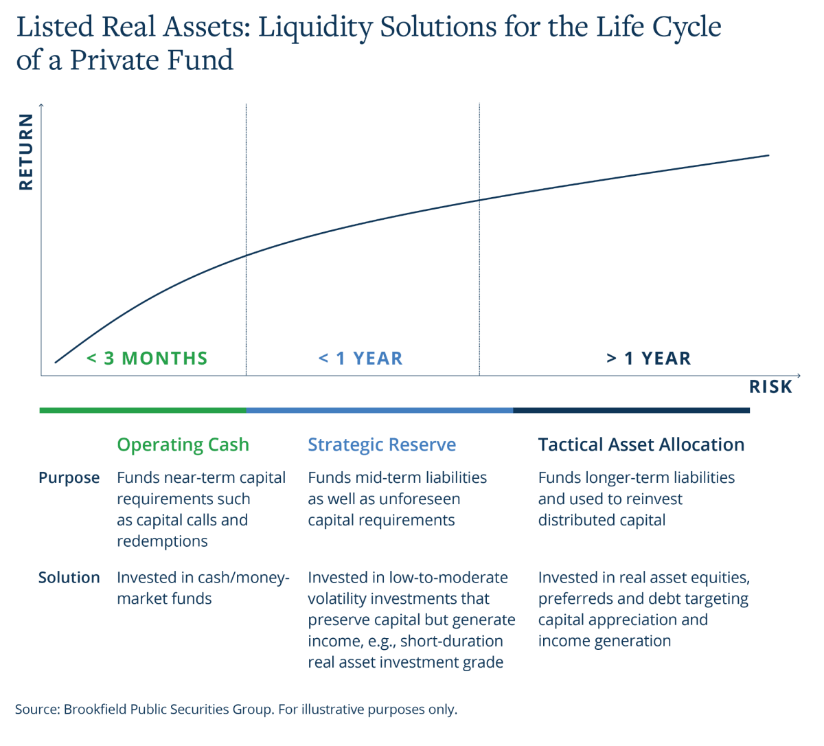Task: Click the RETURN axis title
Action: pyautogui.click(x=26, y=152)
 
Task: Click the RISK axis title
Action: pyautogui.click(x=770, y=387)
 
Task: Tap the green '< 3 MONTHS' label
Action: pyautogui.click(x=147, y=358)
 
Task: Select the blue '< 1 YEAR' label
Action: pyautogui.click(x=360, y=358)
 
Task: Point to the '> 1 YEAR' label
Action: pyautogui.click(x=649, y=358)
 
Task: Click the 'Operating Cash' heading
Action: pyautogui.click(x=183, y=444)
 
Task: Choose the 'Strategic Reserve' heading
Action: pyautogui.click(x=382, y=444)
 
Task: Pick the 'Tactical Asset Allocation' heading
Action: pyautogui.click(x=641, y=444)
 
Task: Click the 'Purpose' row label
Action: pyautogui.click(x=69, y=478)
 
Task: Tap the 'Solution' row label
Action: pyautogui.click(x=69, y=578)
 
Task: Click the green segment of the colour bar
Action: pyautogui.click(x=143, y=410)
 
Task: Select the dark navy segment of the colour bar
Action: pyautogui.click(x=631, y=410)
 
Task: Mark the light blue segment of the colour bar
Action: pyautogui.click(x=380, y=410)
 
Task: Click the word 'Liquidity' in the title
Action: pyautogui.click(x=315, y=27)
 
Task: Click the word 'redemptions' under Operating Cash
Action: pyautogui.click(x=162, y=541)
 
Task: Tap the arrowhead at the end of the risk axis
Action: pyautogui.click(x=799, y=375)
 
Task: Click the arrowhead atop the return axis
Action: pyautogui.click(x=41, y=106)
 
